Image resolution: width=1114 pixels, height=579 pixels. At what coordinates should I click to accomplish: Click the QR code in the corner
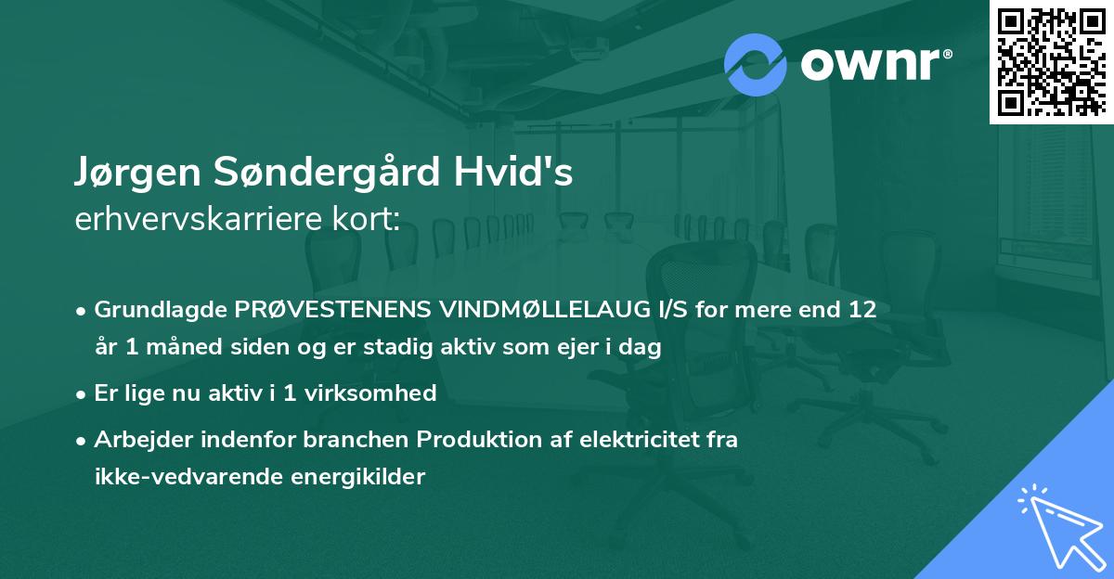(x=1051, y=61)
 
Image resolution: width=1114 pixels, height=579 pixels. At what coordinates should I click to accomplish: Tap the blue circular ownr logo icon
(x=756, y=64)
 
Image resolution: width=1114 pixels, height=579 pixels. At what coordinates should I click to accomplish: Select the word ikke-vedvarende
(x=179, y=478)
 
